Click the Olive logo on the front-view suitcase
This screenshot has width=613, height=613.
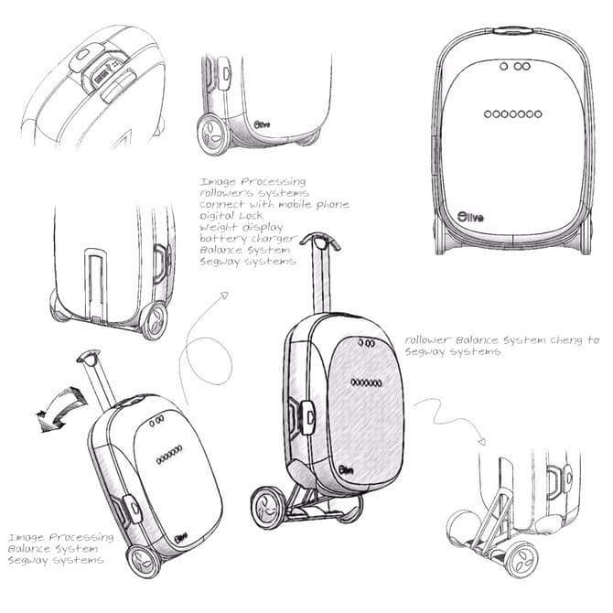pyautogui.click(x=470, y=217)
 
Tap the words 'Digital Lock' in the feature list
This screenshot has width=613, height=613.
pyautogui.click(x=231, y=215)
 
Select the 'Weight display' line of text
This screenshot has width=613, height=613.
pyautogui.click(x=242, y=227)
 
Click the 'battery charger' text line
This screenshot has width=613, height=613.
pyautogui.click(x=248, y=239)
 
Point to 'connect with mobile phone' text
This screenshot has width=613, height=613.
pyautogui.click(x=274, y=204)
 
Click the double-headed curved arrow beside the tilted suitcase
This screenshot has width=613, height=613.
pyautogui.click(x=62, y=409)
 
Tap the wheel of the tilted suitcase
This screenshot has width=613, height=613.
pyautogui.click(x=143, y=562)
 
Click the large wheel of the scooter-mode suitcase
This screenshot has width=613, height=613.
pyautogui.click(x=269, y=508)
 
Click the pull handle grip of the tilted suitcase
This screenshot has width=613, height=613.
pyautogui.click(x=89, y=357)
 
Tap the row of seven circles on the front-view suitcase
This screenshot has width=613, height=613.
pyautogui.click(x=513, y=114)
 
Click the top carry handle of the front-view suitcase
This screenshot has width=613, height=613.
pyautogui.click(x=513, y=30)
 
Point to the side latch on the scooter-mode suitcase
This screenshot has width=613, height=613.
pyautogui.click(x=308, y=417)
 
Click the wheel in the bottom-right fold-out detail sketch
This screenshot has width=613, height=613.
pyautogui.click(x=522, y=560)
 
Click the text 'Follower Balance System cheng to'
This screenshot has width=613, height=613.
pyautogui.click(x=502, y=340)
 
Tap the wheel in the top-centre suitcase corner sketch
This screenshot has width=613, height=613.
pyautogui.click(x=212, y=135)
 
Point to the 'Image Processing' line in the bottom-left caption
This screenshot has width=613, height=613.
pyautogui.click(x=61, y=538)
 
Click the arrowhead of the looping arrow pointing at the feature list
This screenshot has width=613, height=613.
pyautogui.click(x=224, y=296)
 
